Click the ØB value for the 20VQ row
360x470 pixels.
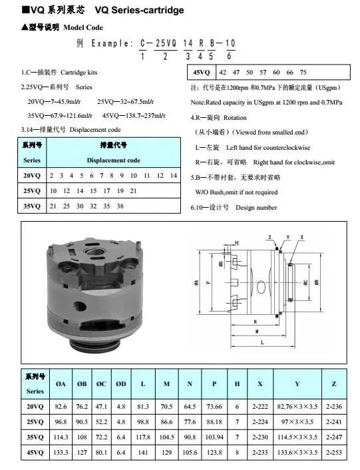(x=82, y=407)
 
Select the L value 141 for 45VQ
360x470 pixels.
(x=143, y=452)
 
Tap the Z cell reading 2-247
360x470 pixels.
(x=334, y=437)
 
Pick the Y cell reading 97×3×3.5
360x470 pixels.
(x=297, y=422)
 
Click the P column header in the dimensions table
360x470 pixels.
(x=214, y=383)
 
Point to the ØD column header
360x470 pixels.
(x=121, y=383)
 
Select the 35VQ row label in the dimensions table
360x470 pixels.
(x=35, y=437)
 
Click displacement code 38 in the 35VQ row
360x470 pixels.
(x=120, y=206)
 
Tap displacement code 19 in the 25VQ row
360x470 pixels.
(x=120, y=190)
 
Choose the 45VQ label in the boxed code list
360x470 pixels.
(x=201, y=73)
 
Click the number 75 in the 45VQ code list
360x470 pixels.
(x=303, y=73)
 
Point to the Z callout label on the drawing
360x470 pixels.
(x=270, y=237)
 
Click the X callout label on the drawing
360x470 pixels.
(x=301, y=237)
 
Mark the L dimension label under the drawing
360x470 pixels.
(x=262, y=342)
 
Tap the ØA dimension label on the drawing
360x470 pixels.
(x=196, y=282)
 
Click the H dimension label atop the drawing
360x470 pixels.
(x=237, y=243)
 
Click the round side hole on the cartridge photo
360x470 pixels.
(x=80, y=307)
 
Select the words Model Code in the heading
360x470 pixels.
(x=83, y=27)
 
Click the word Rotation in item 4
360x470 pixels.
(x=235, y=117)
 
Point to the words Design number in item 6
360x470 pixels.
(x=256, y=208)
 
